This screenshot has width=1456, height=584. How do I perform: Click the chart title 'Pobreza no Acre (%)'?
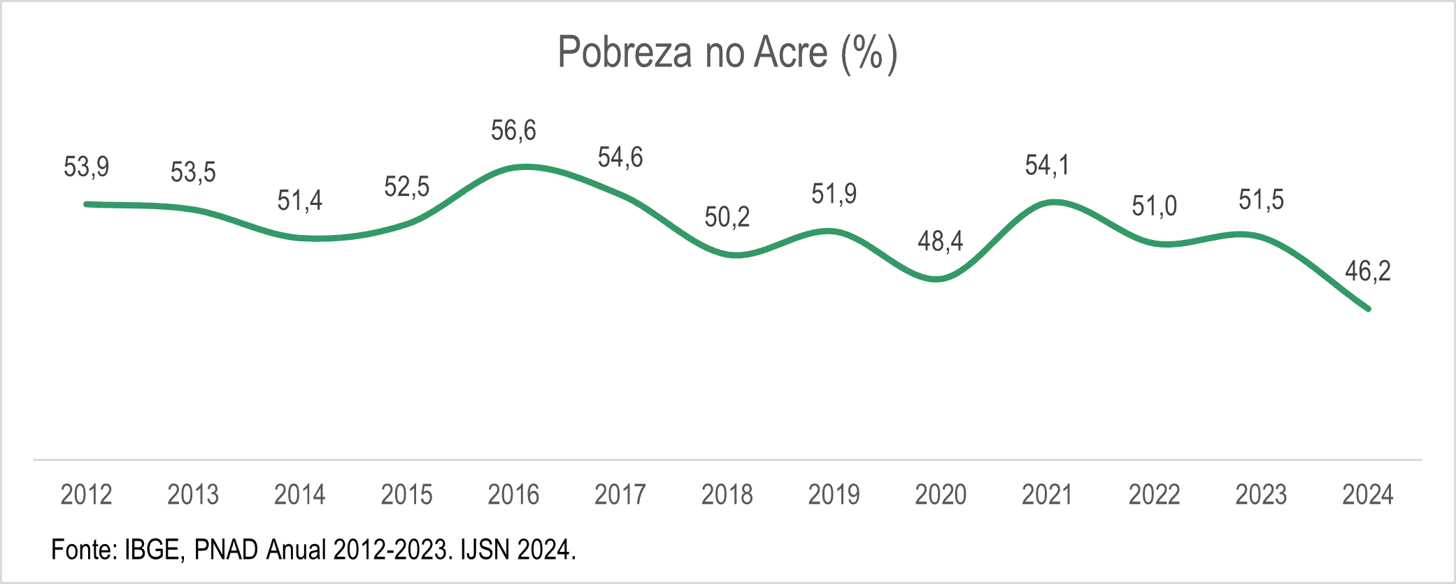(x=727, y=52)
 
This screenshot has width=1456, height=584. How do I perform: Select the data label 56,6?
(x=513, y=131)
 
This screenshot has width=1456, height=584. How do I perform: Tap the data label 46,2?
(x=1368, y=271)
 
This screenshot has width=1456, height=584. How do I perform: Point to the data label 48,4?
(x=941, y=241)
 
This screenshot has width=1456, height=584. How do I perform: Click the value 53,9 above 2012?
(x=87, y=167)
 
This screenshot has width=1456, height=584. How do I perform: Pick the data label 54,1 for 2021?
(x=1047, y=166)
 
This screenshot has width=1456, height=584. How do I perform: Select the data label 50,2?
(x=727, y=218)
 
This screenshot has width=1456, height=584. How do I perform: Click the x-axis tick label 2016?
(x=513, y=495)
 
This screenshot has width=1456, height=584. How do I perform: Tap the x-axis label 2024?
(x=1368, y=495)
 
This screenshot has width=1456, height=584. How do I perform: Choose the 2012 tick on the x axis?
(x=87, y=495)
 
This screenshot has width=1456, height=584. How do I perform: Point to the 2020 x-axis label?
(x=941, y=495)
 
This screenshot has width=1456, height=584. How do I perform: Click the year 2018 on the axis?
(x=727, y=495)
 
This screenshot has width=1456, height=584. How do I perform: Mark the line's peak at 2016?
(x=526, y=166)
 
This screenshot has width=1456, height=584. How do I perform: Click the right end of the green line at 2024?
(x=1368, y=308)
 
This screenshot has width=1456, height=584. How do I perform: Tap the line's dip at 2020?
(x=937, y=279)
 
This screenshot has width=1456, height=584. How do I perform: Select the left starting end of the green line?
(x=87, y=204)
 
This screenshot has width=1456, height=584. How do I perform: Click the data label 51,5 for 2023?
(x=1261, y=201)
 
